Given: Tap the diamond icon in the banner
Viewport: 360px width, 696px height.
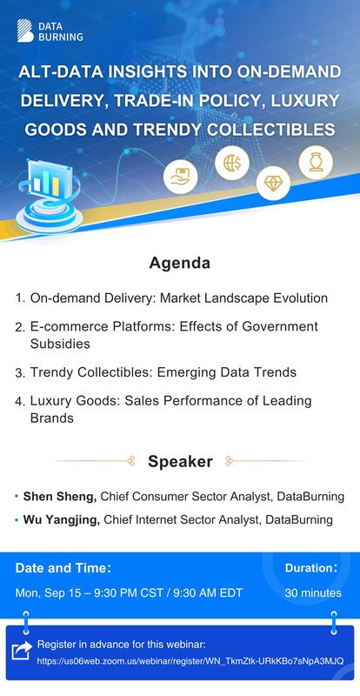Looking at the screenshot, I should coord(273,182).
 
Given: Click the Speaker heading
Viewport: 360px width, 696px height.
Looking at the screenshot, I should coord(180,461).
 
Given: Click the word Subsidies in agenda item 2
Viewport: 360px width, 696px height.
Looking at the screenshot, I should coord(61,343).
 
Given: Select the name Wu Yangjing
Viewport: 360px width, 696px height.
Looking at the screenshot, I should coord(63,520).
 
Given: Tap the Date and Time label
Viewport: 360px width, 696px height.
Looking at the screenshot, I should coord(63,568).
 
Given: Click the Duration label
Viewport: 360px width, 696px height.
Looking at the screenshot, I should coord(310,568).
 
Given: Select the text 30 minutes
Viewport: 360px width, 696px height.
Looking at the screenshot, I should coord(313,593).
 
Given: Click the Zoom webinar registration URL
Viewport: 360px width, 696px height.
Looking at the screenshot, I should coord(190,661).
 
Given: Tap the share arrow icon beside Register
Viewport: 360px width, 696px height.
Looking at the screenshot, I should coord(21,652).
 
